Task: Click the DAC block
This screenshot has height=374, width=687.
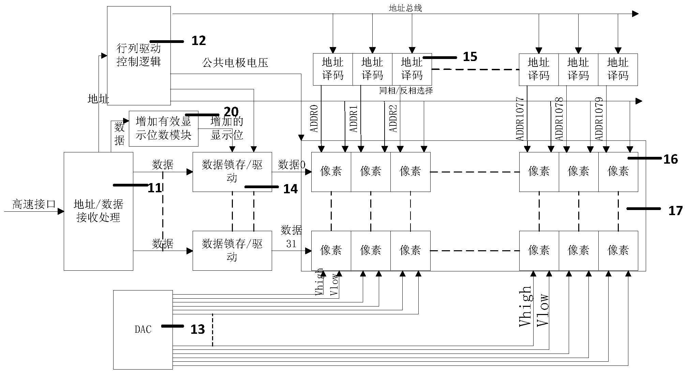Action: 143,329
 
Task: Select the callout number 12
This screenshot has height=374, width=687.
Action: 198,41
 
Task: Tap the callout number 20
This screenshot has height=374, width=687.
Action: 231,112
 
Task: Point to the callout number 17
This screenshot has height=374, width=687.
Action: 675,211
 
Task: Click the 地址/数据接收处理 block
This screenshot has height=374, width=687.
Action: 98,211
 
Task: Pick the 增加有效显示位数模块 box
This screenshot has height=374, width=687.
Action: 163,129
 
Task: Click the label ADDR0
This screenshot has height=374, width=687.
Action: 314,118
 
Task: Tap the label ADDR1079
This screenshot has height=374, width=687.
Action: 599,119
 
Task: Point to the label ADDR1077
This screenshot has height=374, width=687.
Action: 520,119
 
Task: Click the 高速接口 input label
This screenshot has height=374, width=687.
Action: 34,204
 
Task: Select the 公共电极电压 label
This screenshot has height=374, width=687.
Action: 235,62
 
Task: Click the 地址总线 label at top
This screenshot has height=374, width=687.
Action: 405,8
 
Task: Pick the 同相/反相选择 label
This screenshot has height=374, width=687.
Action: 406,91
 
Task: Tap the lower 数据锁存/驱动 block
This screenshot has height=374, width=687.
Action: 232,250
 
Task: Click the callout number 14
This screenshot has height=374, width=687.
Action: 290,189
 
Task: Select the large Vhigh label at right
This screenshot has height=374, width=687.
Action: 525,306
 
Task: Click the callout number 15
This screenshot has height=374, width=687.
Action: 470,57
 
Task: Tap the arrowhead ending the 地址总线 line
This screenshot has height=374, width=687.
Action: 635,14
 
